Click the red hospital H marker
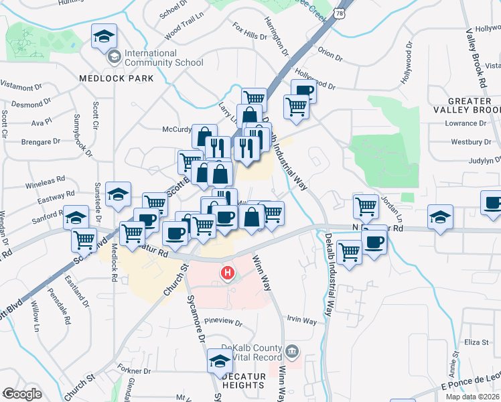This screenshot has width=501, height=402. [228, 273]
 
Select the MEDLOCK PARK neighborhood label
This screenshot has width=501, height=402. [116, 78]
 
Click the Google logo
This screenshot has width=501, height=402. [21, 394]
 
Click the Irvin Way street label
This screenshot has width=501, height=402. [301, 321]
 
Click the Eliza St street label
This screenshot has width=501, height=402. [476, 342]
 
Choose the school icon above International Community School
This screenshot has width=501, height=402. [104, 36]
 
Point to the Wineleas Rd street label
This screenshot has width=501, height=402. [46, 180]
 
